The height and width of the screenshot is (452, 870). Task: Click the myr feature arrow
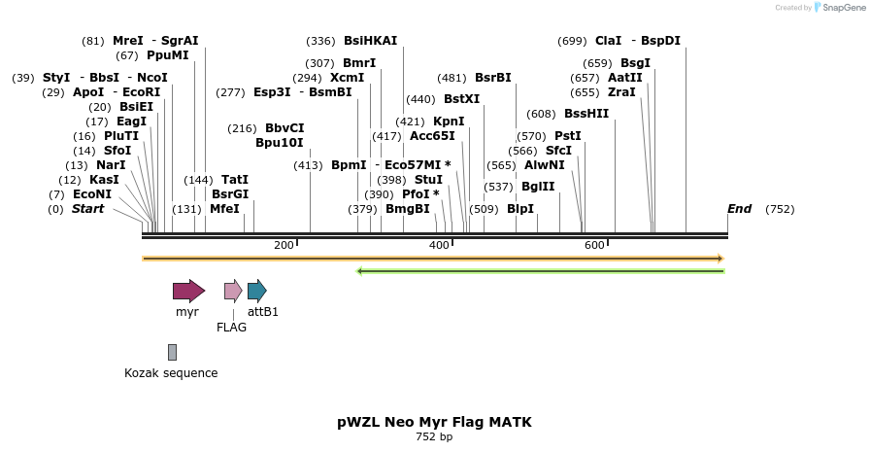point(188,291)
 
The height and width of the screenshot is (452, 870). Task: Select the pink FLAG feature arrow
point(233,291)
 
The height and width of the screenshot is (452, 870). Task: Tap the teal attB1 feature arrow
point(256,291)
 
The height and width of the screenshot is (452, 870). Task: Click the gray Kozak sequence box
point(172,352)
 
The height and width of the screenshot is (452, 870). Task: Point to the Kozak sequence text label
point(171,373)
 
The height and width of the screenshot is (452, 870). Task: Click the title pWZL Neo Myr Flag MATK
point(434,422)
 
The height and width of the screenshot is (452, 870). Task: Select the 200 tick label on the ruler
point(284,245)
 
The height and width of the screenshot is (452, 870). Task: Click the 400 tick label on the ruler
point(439,245)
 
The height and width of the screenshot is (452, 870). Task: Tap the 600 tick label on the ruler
point(594,245)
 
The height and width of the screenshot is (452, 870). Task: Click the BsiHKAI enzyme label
point(370,41)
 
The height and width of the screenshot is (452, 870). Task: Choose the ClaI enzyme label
point(608,41)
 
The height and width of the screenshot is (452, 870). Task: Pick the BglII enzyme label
point(538,187)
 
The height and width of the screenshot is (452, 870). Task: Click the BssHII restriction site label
point(586,114)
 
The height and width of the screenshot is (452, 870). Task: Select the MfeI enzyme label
point(224,209)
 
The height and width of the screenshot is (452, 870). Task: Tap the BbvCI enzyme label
point(284,128)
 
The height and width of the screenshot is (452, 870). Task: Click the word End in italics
point(740,209)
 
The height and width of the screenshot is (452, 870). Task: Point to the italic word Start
point(87,209)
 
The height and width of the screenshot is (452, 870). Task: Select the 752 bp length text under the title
point(434,437)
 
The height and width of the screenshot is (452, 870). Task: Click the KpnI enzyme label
point(449,122)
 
